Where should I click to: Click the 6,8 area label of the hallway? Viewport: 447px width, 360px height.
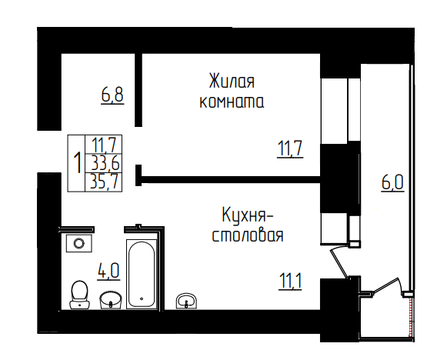coord(112,95)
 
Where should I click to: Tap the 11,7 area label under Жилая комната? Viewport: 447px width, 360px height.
coord(290,148)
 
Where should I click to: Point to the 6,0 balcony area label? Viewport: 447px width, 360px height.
coord(393,183)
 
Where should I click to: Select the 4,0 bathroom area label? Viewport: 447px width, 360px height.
coord(108,271)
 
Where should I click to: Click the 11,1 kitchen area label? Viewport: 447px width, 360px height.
coord(290,281)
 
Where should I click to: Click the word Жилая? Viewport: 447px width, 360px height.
coord(232,81)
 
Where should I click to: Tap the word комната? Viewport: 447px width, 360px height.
coord(232,102)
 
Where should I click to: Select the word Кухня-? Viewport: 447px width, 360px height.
coord(248,215)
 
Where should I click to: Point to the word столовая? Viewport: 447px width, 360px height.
coord(248,236)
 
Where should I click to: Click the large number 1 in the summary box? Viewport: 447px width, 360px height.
coord(77,163)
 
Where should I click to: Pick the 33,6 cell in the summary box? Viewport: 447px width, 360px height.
coord(105,163)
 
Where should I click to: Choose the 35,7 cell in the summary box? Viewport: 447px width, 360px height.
coord(104,182)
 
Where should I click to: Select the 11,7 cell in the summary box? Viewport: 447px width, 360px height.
coord(105,145)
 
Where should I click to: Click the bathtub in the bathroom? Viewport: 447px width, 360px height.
coord(142,274)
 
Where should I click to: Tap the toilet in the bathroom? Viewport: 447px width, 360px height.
coord(79,295)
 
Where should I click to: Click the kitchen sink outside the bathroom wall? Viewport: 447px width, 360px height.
coord(186,301)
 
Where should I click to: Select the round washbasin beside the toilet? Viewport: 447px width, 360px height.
coord(111,300)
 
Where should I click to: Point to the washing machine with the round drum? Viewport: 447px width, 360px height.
coord(79,243)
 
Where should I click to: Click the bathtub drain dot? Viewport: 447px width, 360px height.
coord(142,298)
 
